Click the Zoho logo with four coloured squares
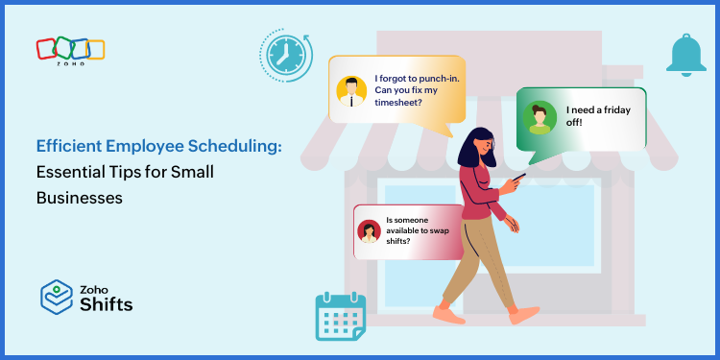(x=70, y=51)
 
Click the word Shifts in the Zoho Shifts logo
(x=108, y=305)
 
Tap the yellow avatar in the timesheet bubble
(x=351, y=90)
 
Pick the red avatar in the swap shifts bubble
(x=368, y=231)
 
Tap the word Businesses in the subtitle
(x=80, y=198)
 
